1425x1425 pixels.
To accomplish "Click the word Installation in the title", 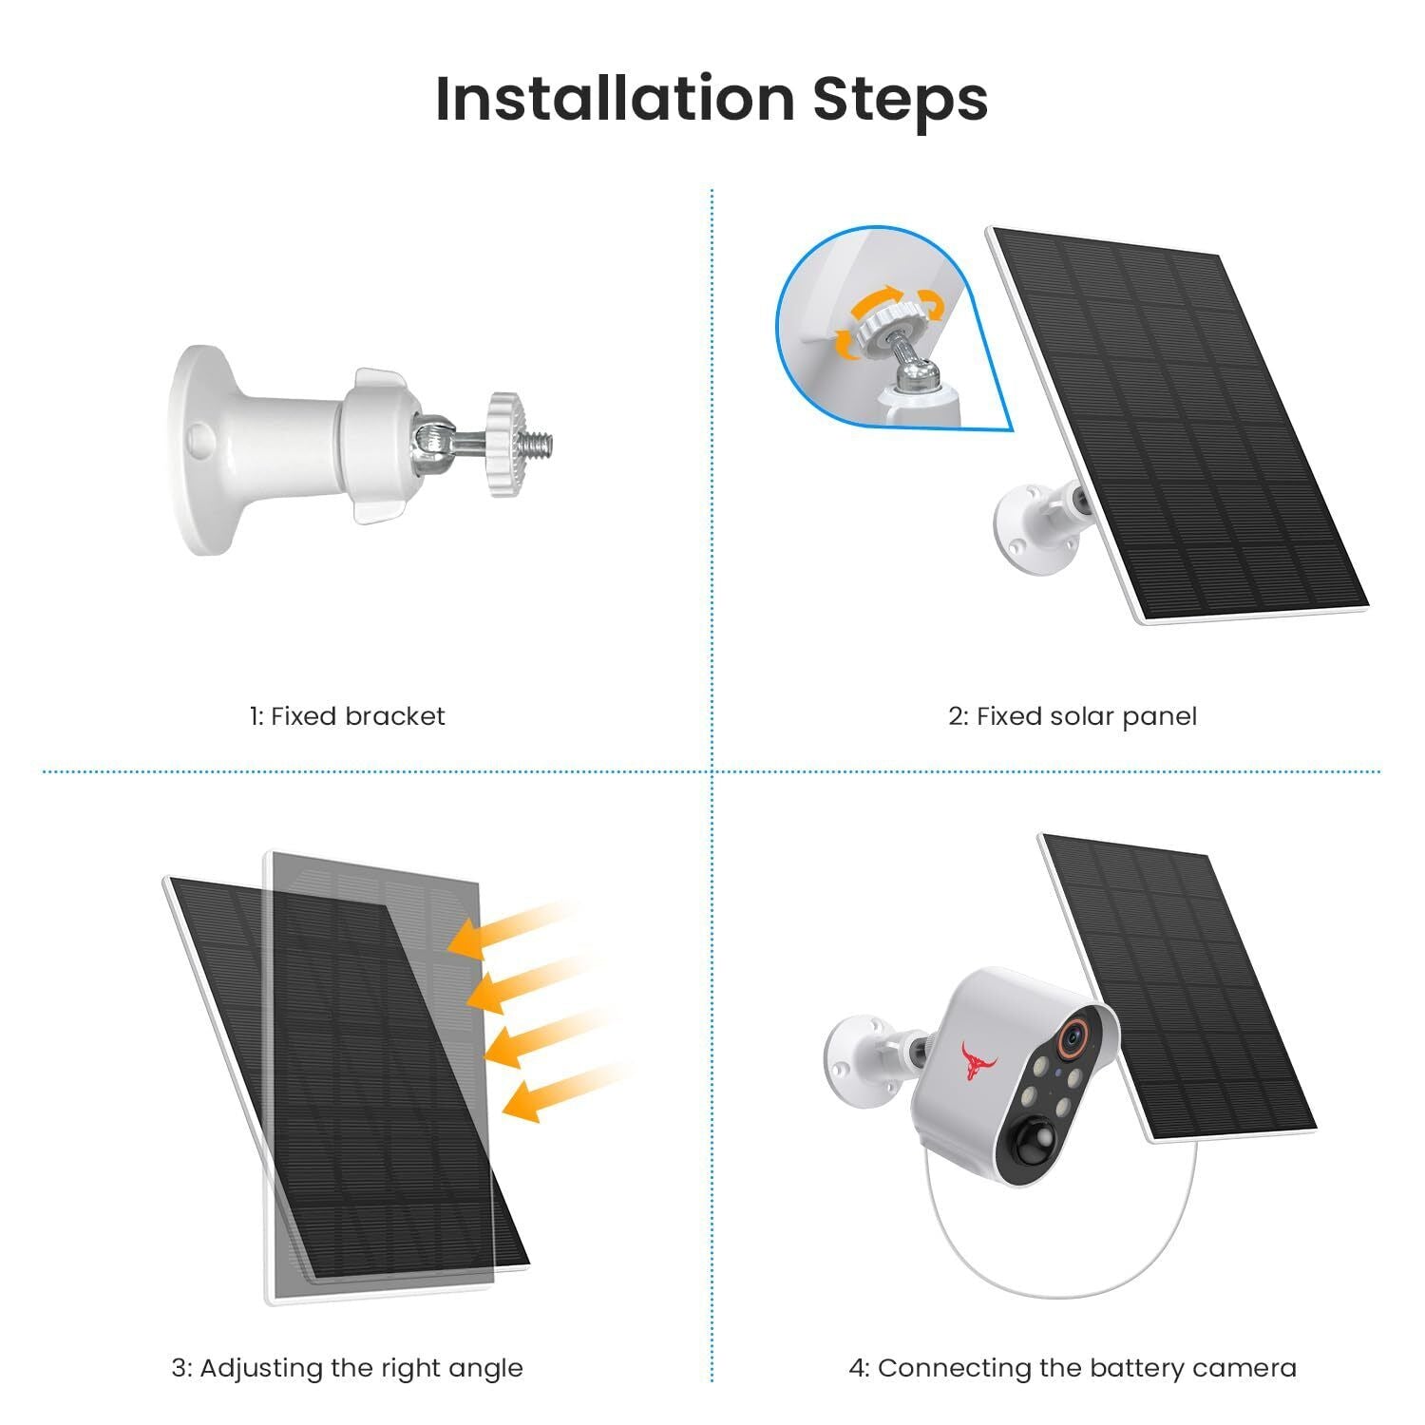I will tap(614, 98).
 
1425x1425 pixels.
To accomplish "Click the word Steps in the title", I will tap(900, 98).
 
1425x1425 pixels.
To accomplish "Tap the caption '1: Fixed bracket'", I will tap(347, 716).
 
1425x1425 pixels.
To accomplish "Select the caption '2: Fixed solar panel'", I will tap(1072, 716).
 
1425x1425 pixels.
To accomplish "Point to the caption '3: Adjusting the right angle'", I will tap(347, 1368).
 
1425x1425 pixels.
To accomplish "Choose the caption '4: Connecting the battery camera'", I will tap(1072, 1368).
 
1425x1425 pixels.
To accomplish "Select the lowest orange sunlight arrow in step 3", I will tap(560, 1092).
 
